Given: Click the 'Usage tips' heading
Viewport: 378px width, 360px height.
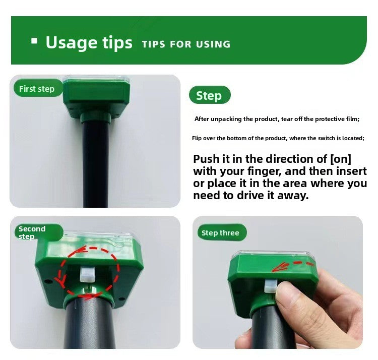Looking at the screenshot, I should pos(89,43).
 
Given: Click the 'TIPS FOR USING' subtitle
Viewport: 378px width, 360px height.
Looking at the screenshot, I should pos(186,44).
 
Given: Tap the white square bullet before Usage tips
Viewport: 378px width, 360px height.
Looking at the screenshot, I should pos(34,41).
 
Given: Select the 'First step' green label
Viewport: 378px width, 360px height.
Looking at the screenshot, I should pos(36,89).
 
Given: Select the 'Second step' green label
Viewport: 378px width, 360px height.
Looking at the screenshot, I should pos(33,232).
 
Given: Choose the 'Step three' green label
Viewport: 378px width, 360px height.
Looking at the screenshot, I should pos(220,232).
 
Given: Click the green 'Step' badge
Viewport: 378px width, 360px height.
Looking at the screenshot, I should pos(209,96).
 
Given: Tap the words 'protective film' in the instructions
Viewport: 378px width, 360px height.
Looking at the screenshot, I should pos(334,119).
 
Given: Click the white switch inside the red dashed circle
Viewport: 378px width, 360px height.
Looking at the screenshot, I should pos(88,274).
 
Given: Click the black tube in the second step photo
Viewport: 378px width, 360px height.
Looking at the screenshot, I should pos(91,323).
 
